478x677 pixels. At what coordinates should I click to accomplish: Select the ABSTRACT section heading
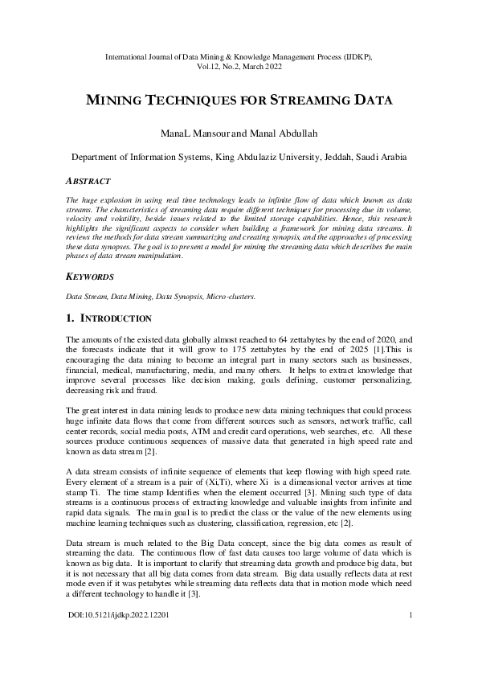tap(87, 181)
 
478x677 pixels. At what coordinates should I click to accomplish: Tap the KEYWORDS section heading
tap(90, 276)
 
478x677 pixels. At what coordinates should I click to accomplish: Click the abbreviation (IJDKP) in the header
tap(353, 57)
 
